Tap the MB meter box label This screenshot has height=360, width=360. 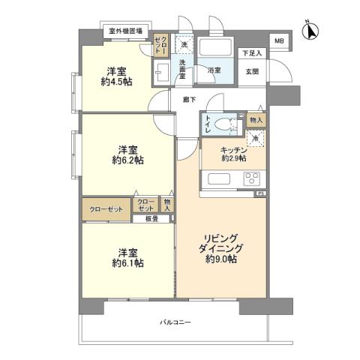tap(278, 40)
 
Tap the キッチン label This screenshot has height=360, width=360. tap(233, 149)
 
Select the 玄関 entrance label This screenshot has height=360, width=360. tap(252, 71)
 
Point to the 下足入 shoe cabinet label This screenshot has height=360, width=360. tap(252, 53)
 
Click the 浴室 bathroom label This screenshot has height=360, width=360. tap(214, 70)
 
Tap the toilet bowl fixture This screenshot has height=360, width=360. tap(223, 124)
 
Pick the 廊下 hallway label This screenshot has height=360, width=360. tap(190, 98)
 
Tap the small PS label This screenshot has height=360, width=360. tap(260, 193)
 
